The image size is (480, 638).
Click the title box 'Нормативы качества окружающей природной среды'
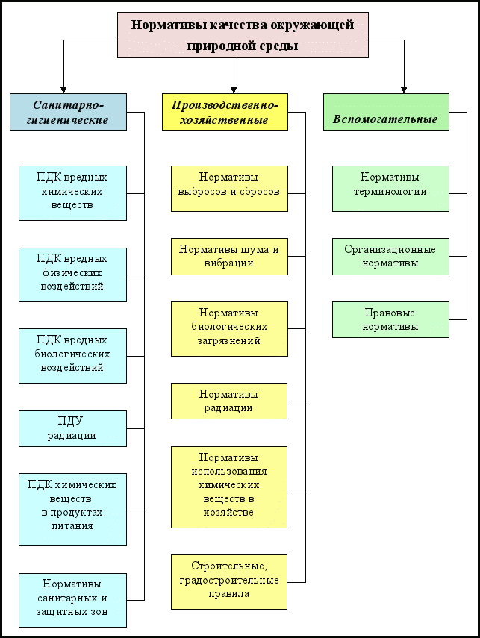tap(243, 35)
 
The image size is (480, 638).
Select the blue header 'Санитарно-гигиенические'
tap(68, 112)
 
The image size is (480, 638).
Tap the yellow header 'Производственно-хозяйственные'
tap(225, 112)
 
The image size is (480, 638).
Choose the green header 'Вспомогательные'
tap(386, 112)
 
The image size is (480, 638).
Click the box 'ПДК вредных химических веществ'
tap(72, 193)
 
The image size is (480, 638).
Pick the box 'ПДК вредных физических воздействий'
tap(72, 275)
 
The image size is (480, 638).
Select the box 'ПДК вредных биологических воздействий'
tap(72, 356)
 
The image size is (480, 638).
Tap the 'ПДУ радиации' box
tap(72, 428)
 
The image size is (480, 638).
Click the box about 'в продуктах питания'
tap(72, 510)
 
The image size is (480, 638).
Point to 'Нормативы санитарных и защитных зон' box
tap(72, 600)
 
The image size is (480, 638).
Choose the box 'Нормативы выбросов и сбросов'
tap(229, 189)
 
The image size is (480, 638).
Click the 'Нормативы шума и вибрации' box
tap(229, 257)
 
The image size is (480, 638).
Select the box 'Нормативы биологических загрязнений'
tap(229, 329)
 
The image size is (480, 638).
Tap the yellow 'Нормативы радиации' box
tap(229, 401)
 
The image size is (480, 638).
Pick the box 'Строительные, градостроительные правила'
tap(229, 582)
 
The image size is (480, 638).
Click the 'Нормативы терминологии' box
tap(390, 189)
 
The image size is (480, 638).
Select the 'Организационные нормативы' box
tap(390, 257)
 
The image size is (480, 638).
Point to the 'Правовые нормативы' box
tap(390, 320)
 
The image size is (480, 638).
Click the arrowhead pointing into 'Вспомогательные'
tap(404, 90)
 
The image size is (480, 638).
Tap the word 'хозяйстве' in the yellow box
tap(228, 513)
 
